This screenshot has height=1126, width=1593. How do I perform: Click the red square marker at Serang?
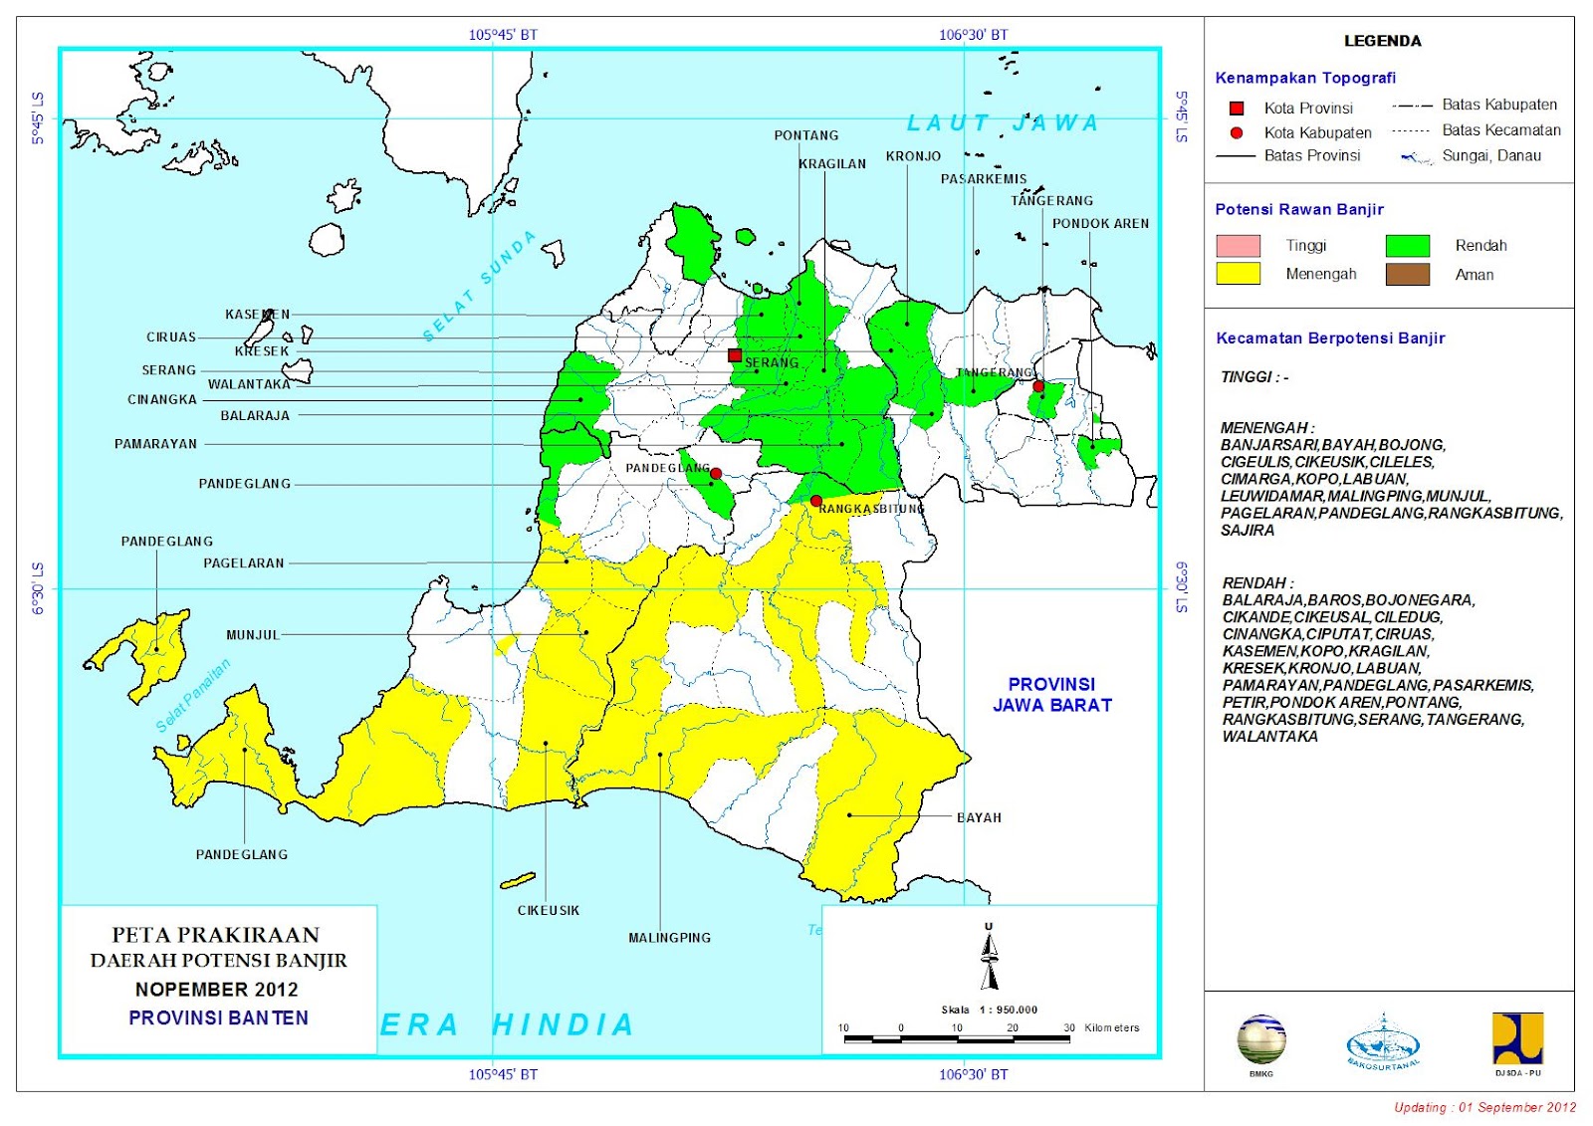(735, 355)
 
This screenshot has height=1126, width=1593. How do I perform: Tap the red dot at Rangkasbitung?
(816, 501)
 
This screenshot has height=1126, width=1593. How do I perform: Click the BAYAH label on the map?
(979, 817)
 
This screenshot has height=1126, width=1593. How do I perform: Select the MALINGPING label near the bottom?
(669, 938)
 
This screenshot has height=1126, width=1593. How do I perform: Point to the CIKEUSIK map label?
(548, 910)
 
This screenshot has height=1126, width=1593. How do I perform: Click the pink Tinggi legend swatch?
(1238, 245)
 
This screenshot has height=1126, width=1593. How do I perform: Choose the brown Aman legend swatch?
(1407, 274)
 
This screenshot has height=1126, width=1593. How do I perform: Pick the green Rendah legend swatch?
(1407, 245)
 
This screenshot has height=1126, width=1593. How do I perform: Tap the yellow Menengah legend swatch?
(1238, 274)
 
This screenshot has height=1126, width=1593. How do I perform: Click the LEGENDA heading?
(1382, 41)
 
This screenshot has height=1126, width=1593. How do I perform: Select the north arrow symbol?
(989, 958)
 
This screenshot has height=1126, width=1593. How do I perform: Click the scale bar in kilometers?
(956, 1038)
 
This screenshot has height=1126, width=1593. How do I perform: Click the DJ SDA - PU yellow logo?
(1517, 1039)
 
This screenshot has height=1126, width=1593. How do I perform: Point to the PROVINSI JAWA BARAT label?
(1051, 695)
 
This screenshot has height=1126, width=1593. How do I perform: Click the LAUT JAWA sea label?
(1003, 123)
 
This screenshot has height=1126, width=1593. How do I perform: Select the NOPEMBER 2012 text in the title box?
(217, 990)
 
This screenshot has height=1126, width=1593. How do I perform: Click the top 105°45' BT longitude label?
(503, 35)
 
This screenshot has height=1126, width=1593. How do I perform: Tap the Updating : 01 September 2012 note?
(1484, 1107)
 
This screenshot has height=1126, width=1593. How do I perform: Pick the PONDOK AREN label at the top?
(1100, 224)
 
